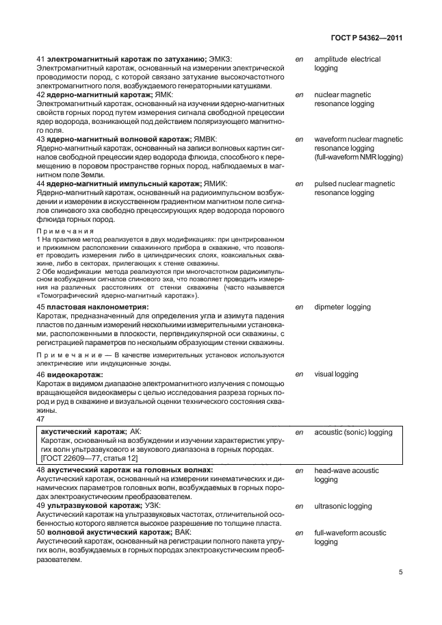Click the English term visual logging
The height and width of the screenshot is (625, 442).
click(x=336, y=374)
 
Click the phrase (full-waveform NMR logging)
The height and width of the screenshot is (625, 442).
click(x=359, y=157)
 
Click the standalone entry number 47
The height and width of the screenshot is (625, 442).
click(x=40, y=419)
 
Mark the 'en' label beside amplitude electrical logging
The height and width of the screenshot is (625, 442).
click(x=298, y=60)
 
